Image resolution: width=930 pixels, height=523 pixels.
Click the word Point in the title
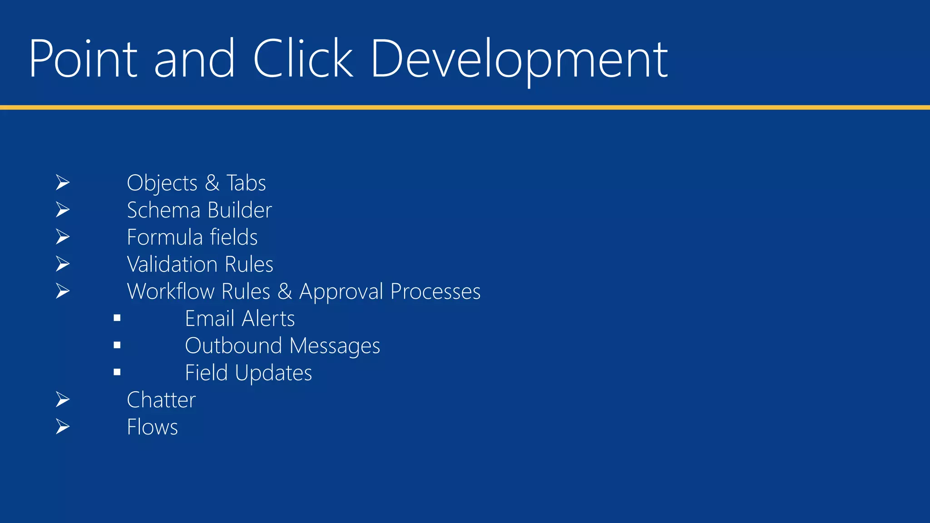(x=83, y=59)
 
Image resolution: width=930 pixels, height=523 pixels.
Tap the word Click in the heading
(x=302, y=59)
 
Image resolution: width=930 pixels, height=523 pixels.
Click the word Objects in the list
(x=162, y=183)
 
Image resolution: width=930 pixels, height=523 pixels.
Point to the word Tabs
(x=246, y=183)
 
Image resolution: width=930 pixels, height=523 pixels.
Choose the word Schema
(x=163, y=210)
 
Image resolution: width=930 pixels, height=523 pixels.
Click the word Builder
(x=240, y=210)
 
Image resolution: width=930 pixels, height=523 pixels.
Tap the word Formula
(x=164, y=237)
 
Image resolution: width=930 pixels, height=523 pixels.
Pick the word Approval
(x=341, y=292)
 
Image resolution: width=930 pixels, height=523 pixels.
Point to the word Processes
(x=435, y=291)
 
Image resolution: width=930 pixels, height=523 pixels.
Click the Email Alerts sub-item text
(x=240, y=319)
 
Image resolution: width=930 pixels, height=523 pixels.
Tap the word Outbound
(x=233, y=346)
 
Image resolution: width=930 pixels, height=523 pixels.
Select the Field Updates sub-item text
(x=248, y=373)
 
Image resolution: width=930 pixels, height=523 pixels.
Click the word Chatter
(x=161, y=400)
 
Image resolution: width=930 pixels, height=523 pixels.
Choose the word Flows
(x=152, y=427)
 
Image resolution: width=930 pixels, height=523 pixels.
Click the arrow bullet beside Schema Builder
(x=63, y=210)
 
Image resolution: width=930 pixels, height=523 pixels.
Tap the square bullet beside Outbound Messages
(x=117, y=345)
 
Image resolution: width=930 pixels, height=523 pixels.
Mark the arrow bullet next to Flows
(x=63, y=427)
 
